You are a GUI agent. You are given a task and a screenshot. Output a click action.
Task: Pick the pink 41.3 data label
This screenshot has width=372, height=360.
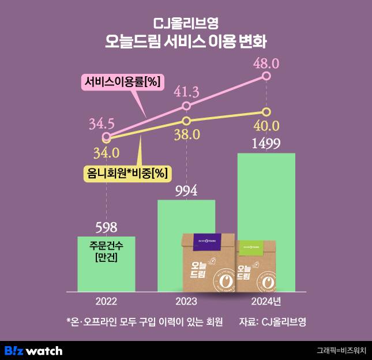click(x=186, y=92)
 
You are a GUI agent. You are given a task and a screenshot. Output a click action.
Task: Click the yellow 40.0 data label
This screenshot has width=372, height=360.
click(x=266, y=125)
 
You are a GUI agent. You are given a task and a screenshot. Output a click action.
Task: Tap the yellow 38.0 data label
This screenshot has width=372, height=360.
click(x=186, y=134)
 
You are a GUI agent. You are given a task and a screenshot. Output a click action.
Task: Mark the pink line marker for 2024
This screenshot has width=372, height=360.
click(x=266, y=76)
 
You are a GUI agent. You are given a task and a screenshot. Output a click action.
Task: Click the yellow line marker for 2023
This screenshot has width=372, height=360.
click(x=186, y=121)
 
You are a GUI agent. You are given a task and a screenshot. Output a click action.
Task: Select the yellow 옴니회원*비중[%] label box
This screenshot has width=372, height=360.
click(x=123, y=172)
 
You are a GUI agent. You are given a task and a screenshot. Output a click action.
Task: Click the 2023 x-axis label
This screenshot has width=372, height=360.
click(x=186, y=302)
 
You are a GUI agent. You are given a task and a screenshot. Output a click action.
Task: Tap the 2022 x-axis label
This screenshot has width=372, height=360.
click(x=106, y=302)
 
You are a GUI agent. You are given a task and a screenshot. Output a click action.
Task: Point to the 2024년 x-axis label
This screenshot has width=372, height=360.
click(x=266, y=302)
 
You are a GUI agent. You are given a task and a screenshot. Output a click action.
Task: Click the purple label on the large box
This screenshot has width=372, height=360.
click(x=201, y=243)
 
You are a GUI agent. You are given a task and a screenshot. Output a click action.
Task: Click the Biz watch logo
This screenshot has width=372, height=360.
click(x=33, y=350)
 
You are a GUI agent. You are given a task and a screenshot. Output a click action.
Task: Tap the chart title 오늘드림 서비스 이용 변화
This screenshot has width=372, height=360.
click(x=186, y=42)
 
